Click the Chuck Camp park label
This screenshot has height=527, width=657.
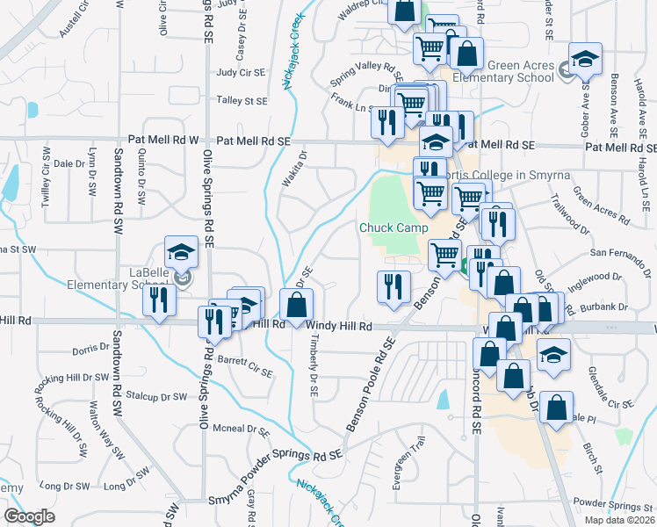click(392, 228)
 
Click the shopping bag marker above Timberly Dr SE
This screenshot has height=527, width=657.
click(297, 305)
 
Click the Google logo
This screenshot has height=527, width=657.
click(28, 516)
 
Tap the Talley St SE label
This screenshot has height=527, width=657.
click(242, 101)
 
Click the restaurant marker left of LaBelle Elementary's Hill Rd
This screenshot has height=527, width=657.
click(159, 301)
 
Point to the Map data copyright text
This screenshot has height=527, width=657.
click(619, 520)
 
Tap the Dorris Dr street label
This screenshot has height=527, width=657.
click(91, 350)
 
